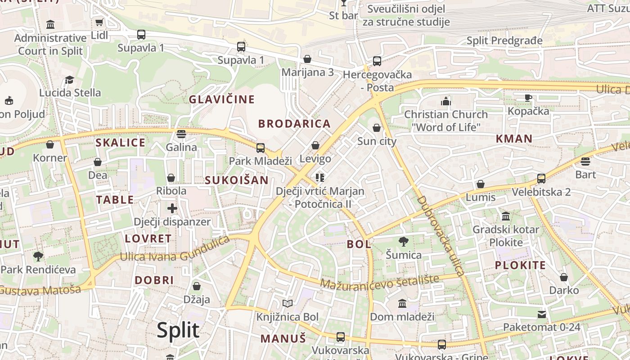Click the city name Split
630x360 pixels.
[x=178, y=330]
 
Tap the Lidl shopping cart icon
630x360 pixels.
[x=99, y=22]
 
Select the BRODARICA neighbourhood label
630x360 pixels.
[x=294, y=124]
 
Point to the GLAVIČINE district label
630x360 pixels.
[x=222, y=99]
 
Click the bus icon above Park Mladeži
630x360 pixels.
[x=260, y=148]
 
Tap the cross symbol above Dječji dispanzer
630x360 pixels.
[x=172, y=208]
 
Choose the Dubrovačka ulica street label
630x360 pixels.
[x=441, y=236]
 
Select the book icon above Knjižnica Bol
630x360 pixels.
[x=288, y=304]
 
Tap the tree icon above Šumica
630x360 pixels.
[x=404, y=242]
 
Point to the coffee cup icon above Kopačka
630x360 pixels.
[x=528, y=98]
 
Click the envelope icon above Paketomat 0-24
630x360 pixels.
[x=542, y=314]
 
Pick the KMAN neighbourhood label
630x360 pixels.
[x=514, y=139]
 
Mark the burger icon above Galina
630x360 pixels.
[x=181, y=134]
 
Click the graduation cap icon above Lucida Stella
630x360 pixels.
[x=69, y=80]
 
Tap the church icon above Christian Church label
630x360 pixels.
[x=446, y=101]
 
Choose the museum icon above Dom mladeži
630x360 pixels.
[x=402, y=304]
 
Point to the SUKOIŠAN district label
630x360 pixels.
[x=236, y=180]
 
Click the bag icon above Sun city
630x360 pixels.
[x=377, y=128]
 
